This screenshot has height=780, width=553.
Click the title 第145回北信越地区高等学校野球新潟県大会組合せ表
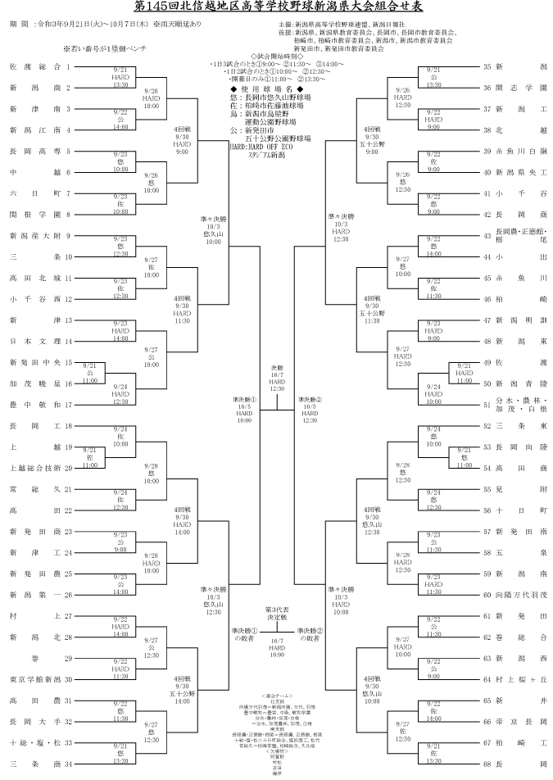tap(276, 8)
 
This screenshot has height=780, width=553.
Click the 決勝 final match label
tap(277, 367)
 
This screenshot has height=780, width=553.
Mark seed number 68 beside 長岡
tap(487, 764)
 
